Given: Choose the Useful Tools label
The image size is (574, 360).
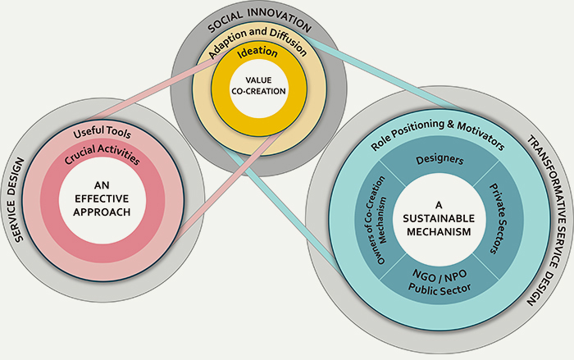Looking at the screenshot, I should click(x=104, y=133).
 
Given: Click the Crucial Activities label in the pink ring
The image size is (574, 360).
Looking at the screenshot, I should click(x=101, y=155).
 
